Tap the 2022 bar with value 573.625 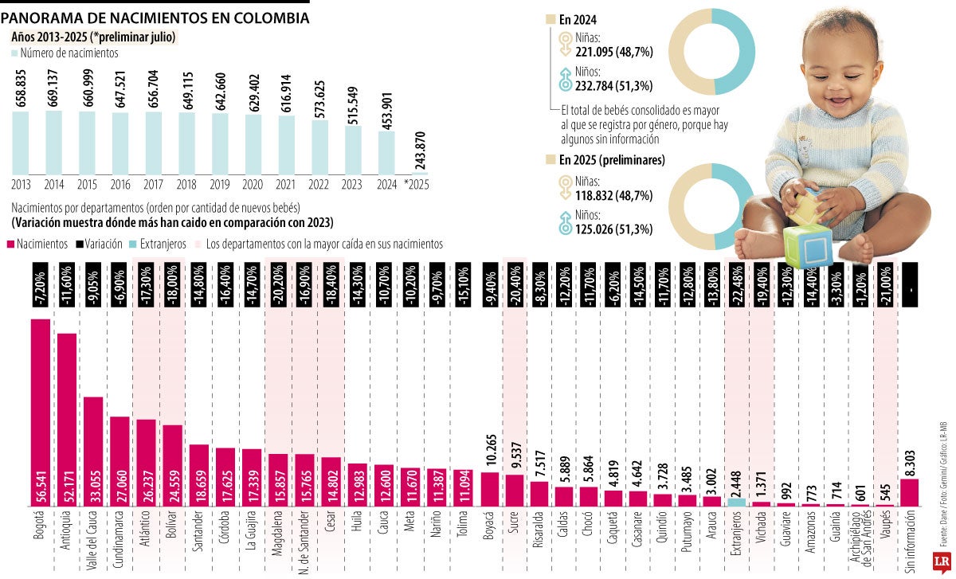coord(319,147)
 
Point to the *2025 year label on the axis coord(417,183)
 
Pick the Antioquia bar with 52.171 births coord(67,420)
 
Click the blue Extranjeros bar coord(737,502)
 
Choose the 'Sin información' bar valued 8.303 coord(909,492)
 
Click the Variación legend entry coord(99,245)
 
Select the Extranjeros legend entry coord(160,245)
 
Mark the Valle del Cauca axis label coord(93,539)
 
